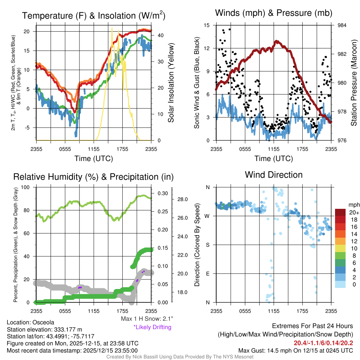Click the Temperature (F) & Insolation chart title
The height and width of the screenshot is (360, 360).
pyautogui.click(x=94, y=16)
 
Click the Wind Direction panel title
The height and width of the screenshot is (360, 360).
pyautogui.click(x=274, y=175)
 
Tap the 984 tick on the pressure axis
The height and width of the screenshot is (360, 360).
pyautogui.click(x=342, y=25)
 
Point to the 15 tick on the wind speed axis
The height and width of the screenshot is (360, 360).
pyautogui.click(x=207, y=25)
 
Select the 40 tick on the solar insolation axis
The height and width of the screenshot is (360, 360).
pyautogui.click(x=160, y=36)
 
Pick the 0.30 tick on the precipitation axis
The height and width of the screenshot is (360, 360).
pyautogui.click(x=162, y=193)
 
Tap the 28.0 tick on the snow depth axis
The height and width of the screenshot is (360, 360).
pyautogui.click(x=182, y=200)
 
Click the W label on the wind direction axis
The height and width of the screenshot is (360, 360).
pyautogui.click(x=207, y=216)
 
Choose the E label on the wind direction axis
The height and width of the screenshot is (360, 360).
pyautogui.click(x=207, y=274)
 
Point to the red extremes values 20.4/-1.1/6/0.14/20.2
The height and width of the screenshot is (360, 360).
pyautogui.click(x=323, y=343)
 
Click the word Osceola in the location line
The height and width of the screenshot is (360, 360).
pyautogui.click(x=43, y=322)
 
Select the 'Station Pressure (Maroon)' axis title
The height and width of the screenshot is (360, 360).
pyautogui.click(x=354, y=83)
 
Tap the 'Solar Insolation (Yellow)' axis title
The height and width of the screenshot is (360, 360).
pyautogui.click(x=171, y=83)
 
